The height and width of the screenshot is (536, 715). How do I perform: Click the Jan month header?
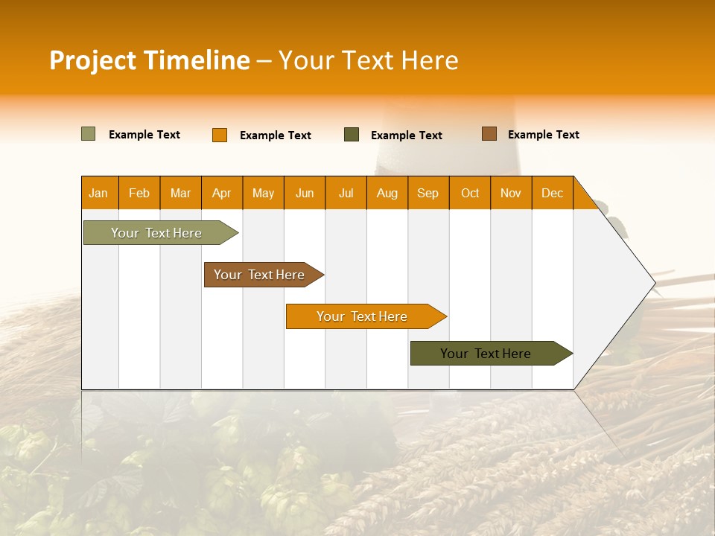point(98,193)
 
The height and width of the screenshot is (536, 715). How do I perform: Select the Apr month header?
point(222,193)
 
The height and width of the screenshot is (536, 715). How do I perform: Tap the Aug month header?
point(387,193)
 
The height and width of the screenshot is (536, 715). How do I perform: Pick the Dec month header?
point(552,193)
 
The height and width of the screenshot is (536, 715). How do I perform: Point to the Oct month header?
point(470,193)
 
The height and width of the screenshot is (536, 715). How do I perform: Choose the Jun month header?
point(305,193)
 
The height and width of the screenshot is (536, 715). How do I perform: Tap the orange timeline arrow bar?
point(363,316)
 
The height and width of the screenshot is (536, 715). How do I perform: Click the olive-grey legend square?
point(88,134)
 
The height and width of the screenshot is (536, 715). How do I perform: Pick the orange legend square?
point(220,135)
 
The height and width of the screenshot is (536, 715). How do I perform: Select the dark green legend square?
point(352,135)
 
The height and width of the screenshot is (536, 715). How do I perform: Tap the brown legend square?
point(489,134)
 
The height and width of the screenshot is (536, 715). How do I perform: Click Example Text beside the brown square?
point(544,134)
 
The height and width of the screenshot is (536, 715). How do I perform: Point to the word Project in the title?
point(94,60)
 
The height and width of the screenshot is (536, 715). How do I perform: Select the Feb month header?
point(139,193)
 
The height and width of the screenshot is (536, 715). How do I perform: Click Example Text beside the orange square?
point(276,135)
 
